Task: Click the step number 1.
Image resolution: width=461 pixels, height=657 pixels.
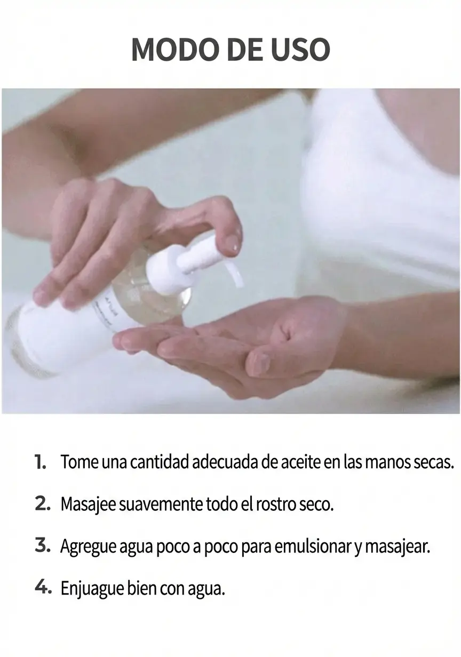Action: coord(41,462)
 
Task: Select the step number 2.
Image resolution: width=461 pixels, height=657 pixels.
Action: coord(43,504)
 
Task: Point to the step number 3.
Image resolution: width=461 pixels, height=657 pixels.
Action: coord(43,546)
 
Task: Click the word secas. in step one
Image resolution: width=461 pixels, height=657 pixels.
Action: coord(434,462)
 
